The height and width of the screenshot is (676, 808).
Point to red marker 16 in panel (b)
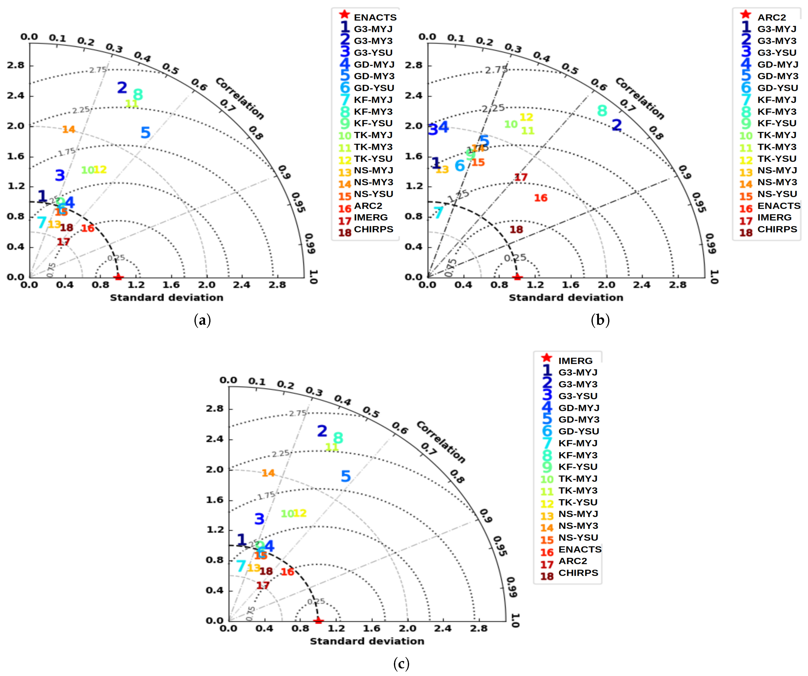pos(541,198)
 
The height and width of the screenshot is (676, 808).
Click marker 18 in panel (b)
pos(516,229)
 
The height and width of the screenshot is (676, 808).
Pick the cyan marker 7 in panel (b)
pos(438,212)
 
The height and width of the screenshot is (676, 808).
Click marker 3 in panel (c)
pos(259,519)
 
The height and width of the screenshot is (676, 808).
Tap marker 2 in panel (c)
pos(322,431)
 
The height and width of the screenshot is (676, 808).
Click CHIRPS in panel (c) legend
pos(578,573)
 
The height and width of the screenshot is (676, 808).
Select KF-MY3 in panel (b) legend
pos(776,112)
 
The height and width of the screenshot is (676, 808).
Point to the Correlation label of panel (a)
pos(240,98)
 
